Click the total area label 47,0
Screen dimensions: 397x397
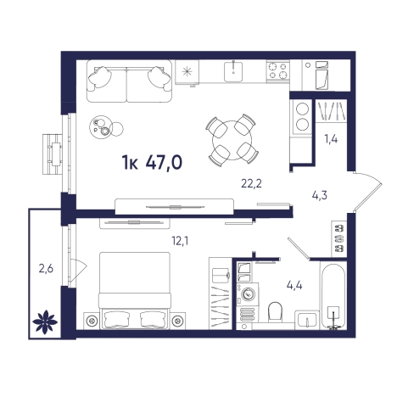click(164, 163)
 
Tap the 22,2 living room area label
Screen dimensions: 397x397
click(251, 184)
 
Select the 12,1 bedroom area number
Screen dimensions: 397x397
click(180, 241)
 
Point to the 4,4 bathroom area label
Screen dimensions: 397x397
click(294, 285)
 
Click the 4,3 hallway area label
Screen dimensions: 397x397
click(320, 195)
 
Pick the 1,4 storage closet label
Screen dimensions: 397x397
click(331, 139)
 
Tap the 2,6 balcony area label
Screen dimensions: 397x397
click(46, 269)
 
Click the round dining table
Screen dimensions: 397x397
click(232, 140)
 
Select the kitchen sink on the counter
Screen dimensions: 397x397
click(233, 72)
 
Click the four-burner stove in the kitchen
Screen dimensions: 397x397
click(277, 70)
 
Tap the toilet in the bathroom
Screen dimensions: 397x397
click(275, 311)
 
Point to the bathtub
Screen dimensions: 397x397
click(333, 296)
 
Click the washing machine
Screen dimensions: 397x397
click(248, 294)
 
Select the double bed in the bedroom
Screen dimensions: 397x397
click(135, 291)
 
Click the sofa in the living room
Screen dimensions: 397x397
click(129, 81)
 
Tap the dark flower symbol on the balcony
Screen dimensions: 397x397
click(45, 322)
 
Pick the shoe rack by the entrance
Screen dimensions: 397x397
click(339, 238)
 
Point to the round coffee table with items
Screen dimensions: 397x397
click(101, 127)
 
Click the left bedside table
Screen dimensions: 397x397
click(92, 321)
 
